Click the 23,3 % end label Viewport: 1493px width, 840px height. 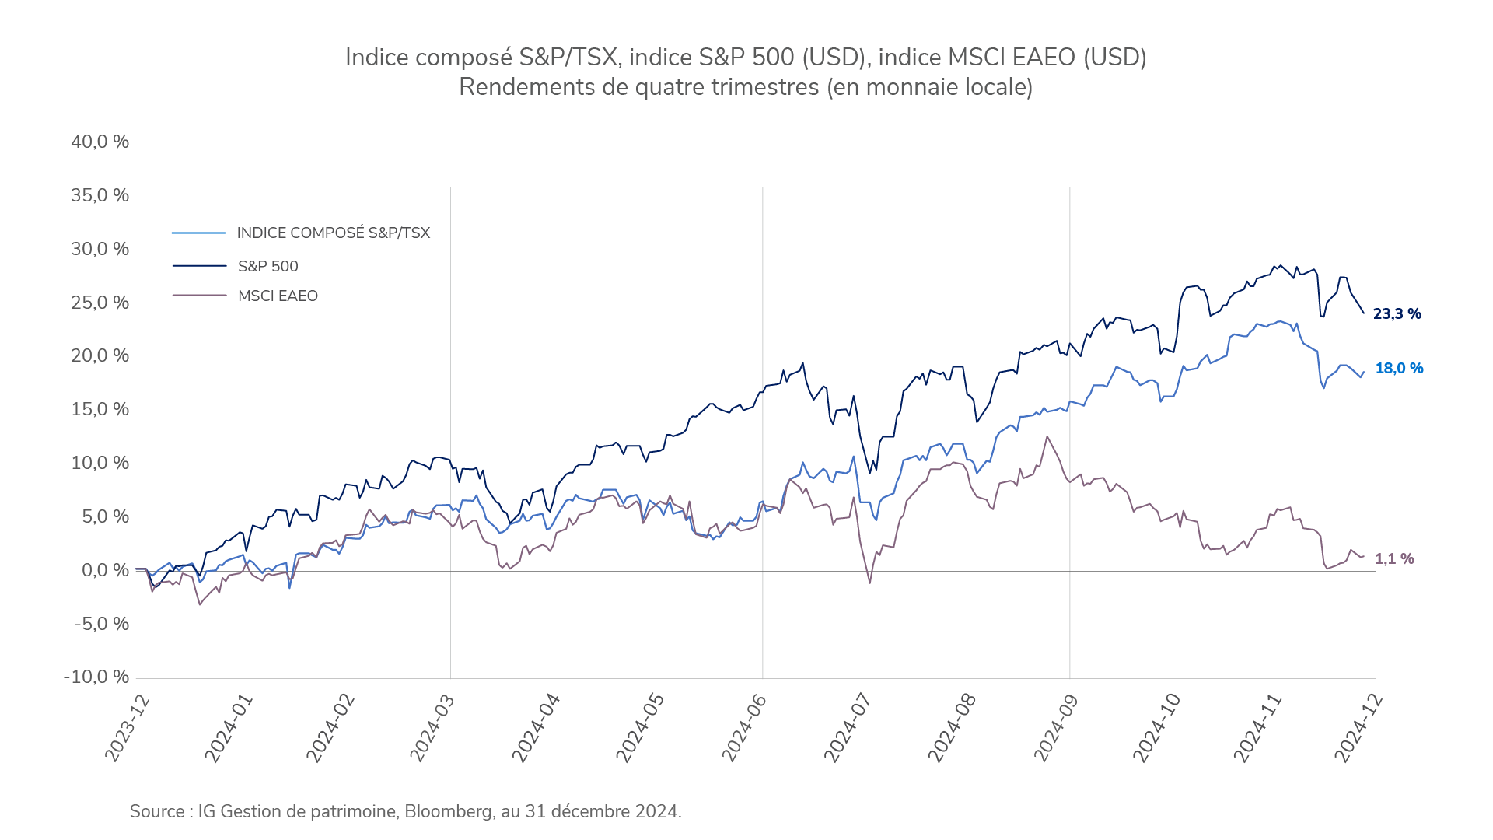(x=1397, y=314)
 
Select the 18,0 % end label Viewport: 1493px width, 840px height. (x=1399, y=369)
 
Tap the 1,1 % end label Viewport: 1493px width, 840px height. (x=1394, y=559)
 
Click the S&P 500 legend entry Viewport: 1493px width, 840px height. (x=267, y=267)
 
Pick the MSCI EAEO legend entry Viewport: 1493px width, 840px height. (x=278, y=296)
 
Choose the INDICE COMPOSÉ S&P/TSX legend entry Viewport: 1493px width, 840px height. (x=333, y=233)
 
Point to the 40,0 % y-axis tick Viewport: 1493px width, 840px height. (x=100, y=142)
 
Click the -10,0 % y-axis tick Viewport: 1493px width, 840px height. (x=96, y=677)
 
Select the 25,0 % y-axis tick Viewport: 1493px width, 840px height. (x=100, y=303)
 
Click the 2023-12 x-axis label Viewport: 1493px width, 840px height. (x=127, y=728)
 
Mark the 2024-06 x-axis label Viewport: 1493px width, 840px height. (x=744, y=728)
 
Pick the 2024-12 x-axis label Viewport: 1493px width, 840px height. (x=1358, y=728)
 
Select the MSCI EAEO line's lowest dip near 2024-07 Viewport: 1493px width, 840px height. (x=869, y=583)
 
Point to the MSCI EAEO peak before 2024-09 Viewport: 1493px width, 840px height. (x=1047, y=437)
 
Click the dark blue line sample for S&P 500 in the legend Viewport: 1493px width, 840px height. (x=199, y=266)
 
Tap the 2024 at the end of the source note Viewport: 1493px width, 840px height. (x=658, y=812)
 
